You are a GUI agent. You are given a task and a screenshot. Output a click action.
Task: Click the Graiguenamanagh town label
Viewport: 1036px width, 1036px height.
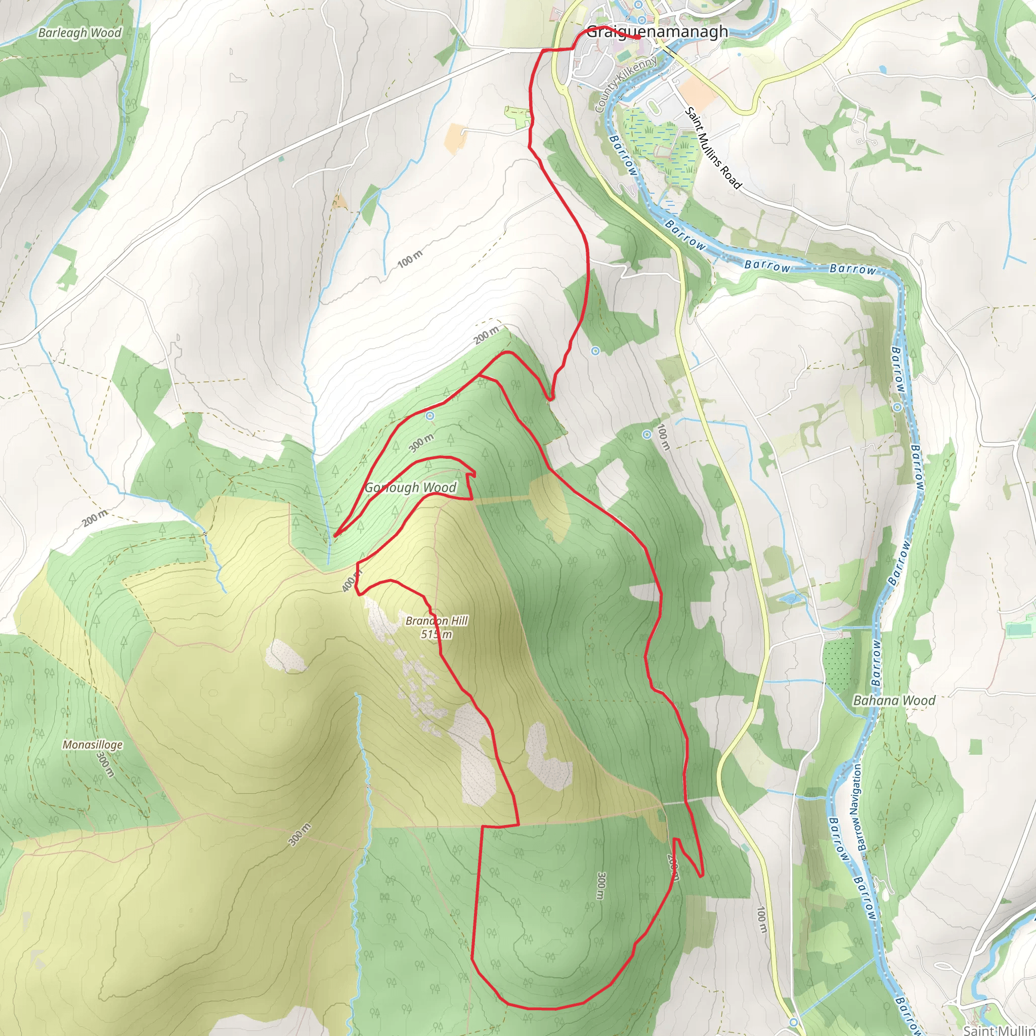tap(657, 32)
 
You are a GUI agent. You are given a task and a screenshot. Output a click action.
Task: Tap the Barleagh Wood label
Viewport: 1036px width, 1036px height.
tap(80, 33)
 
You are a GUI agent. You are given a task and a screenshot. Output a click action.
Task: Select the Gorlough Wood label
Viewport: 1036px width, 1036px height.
tap(410, 488)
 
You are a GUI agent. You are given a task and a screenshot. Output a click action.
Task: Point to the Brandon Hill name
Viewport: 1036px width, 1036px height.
tap(437, 620)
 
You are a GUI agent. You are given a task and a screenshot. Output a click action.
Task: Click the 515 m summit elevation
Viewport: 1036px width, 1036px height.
tap(437, 634)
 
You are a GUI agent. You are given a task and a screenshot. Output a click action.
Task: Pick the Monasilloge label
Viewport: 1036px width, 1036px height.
tap(92, 745)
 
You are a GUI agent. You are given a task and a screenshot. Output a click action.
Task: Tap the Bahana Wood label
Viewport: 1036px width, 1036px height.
tap(894, 700)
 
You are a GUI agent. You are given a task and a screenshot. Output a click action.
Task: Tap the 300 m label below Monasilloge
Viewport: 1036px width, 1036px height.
tap(106, 764)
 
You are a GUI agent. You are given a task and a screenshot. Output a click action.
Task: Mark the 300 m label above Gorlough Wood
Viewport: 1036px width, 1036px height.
tap(421, 443)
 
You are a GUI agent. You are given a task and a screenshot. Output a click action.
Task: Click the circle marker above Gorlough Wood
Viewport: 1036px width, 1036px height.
tap(429, 416)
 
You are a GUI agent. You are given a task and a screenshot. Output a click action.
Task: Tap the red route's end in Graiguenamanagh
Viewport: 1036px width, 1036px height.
tap(640, 38)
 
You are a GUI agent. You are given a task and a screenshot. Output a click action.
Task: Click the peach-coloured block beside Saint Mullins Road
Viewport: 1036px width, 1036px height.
tap(699, 91)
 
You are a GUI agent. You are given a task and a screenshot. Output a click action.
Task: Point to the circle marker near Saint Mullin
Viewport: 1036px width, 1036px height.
tap(794, 1021)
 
